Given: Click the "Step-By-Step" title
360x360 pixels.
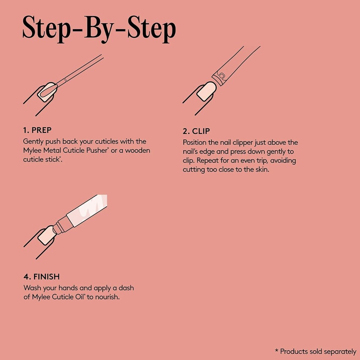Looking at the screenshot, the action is (99, 29).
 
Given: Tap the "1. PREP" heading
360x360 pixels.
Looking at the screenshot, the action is (37, 130).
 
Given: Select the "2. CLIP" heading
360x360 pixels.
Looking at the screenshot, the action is (196, 131).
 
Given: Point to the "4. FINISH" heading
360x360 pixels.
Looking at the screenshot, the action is (42, 277).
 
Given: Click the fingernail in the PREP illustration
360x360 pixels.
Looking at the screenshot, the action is (47, 92).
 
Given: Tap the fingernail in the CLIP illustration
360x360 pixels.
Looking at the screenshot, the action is (206, 91).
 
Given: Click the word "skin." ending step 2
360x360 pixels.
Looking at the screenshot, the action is (262, 169).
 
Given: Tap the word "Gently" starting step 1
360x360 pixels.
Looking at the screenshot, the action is (33, 142).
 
